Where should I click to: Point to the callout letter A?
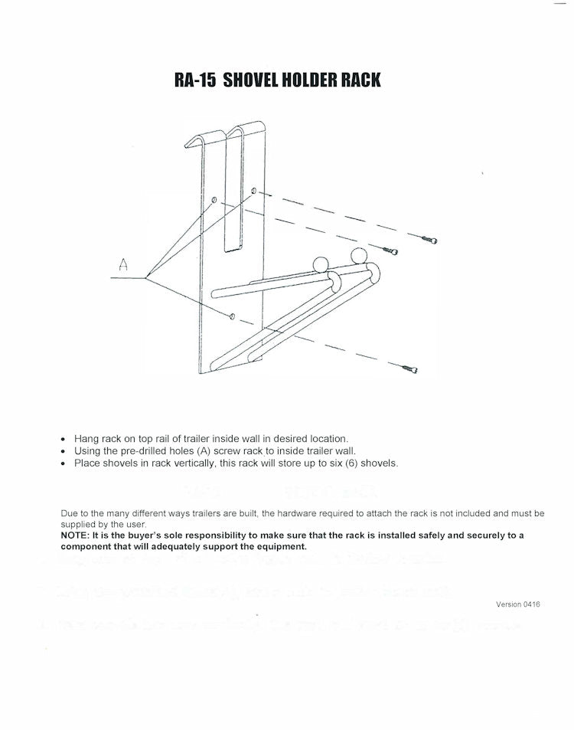122,266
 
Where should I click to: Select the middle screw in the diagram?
390,250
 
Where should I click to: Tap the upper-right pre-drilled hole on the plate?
253,189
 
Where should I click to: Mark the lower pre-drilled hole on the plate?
231,314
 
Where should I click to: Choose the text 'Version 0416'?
518,604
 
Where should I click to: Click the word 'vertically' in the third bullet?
191,463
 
